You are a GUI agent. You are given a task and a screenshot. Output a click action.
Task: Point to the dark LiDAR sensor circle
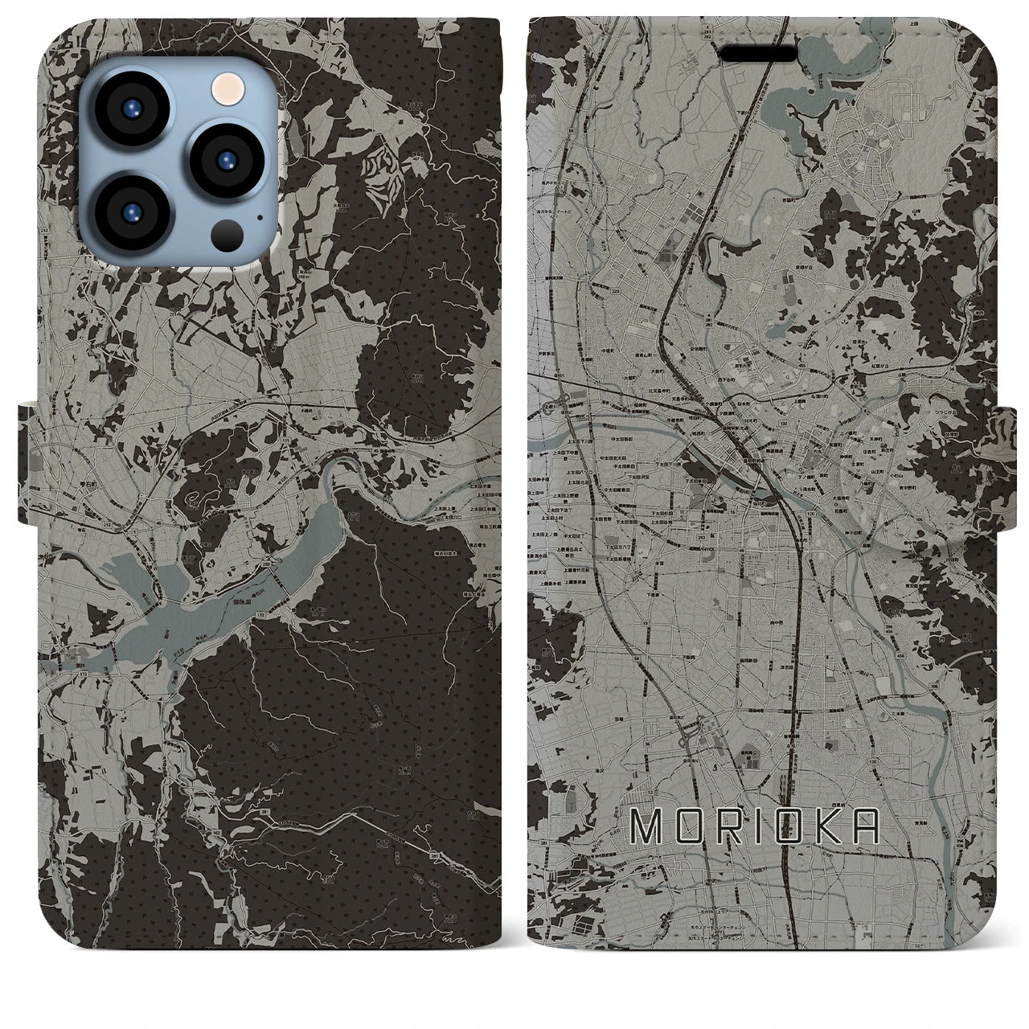point(228,234)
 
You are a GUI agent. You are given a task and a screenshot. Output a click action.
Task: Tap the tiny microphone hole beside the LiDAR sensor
point(259,215)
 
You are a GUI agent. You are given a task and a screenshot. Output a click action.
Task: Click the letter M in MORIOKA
point(648,826)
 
